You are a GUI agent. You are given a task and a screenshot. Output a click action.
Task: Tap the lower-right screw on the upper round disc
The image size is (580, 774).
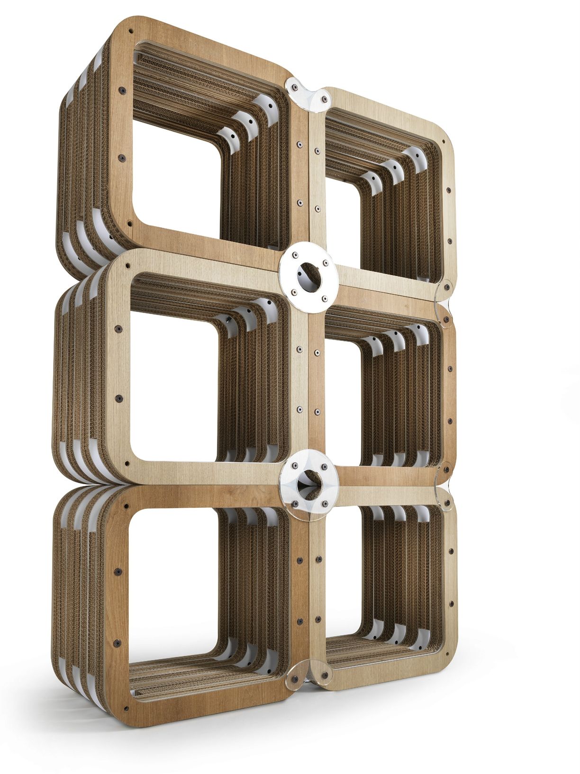pyautogui.click(x=324, y=298)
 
